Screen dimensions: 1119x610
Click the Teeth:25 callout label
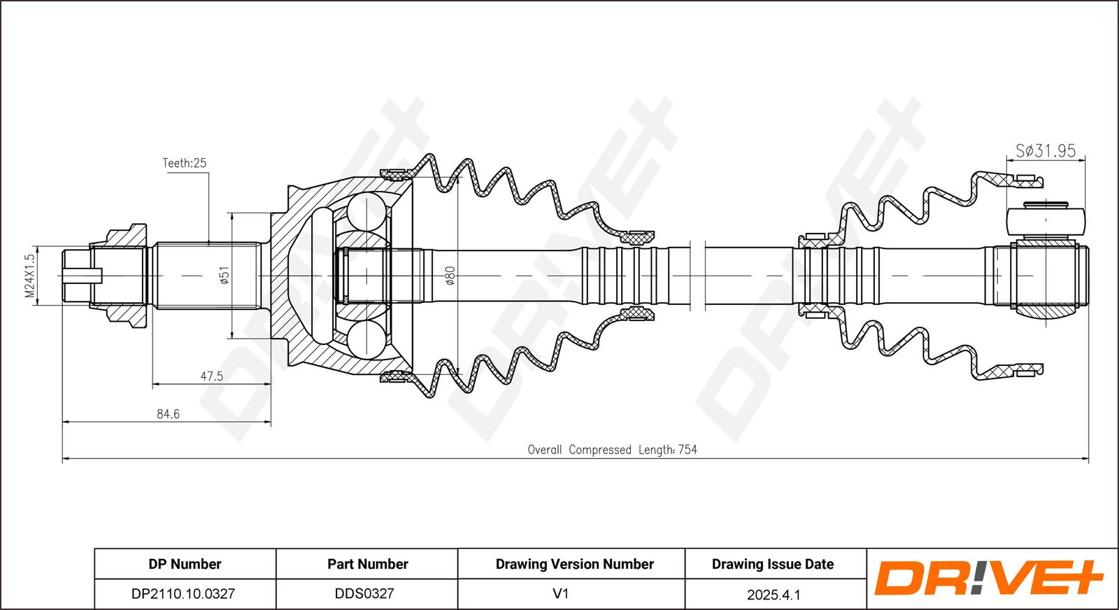click(185, 163)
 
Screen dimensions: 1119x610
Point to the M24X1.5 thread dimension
click(30, 276)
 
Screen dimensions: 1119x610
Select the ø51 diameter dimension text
click(224, 276)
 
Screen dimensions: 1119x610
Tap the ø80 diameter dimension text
click(450, 276)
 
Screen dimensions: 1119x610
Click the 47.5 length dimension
click(212, 376)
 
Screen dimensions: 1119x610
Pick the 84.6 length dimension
click(168, 414)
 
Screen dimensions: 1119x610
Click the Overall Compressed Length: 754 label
click(613, 450)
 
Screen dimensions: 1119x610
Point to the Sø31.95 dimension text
click(1046, 150)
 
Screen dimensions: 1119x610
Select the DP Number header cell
click(185, 564)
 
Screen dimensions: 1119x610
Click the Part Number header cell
click(368, 564)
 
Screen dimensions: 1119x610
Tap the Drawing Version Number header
click(574, 564)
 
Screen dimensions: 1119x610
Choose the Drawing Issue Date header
click(773, 564)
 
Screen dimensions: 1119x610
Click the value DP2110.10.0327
click(183, 593)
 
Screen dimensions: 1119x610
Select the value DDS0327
click(364, 593)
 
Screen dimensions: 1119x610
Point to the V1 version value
click(560, 593)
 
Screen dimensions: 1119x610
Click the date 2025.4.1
click(774, 595)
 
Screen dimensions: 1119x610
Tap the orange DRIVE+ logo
click(989, 578)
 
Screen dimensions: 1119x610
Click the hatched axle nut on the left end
click(119, 276)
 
